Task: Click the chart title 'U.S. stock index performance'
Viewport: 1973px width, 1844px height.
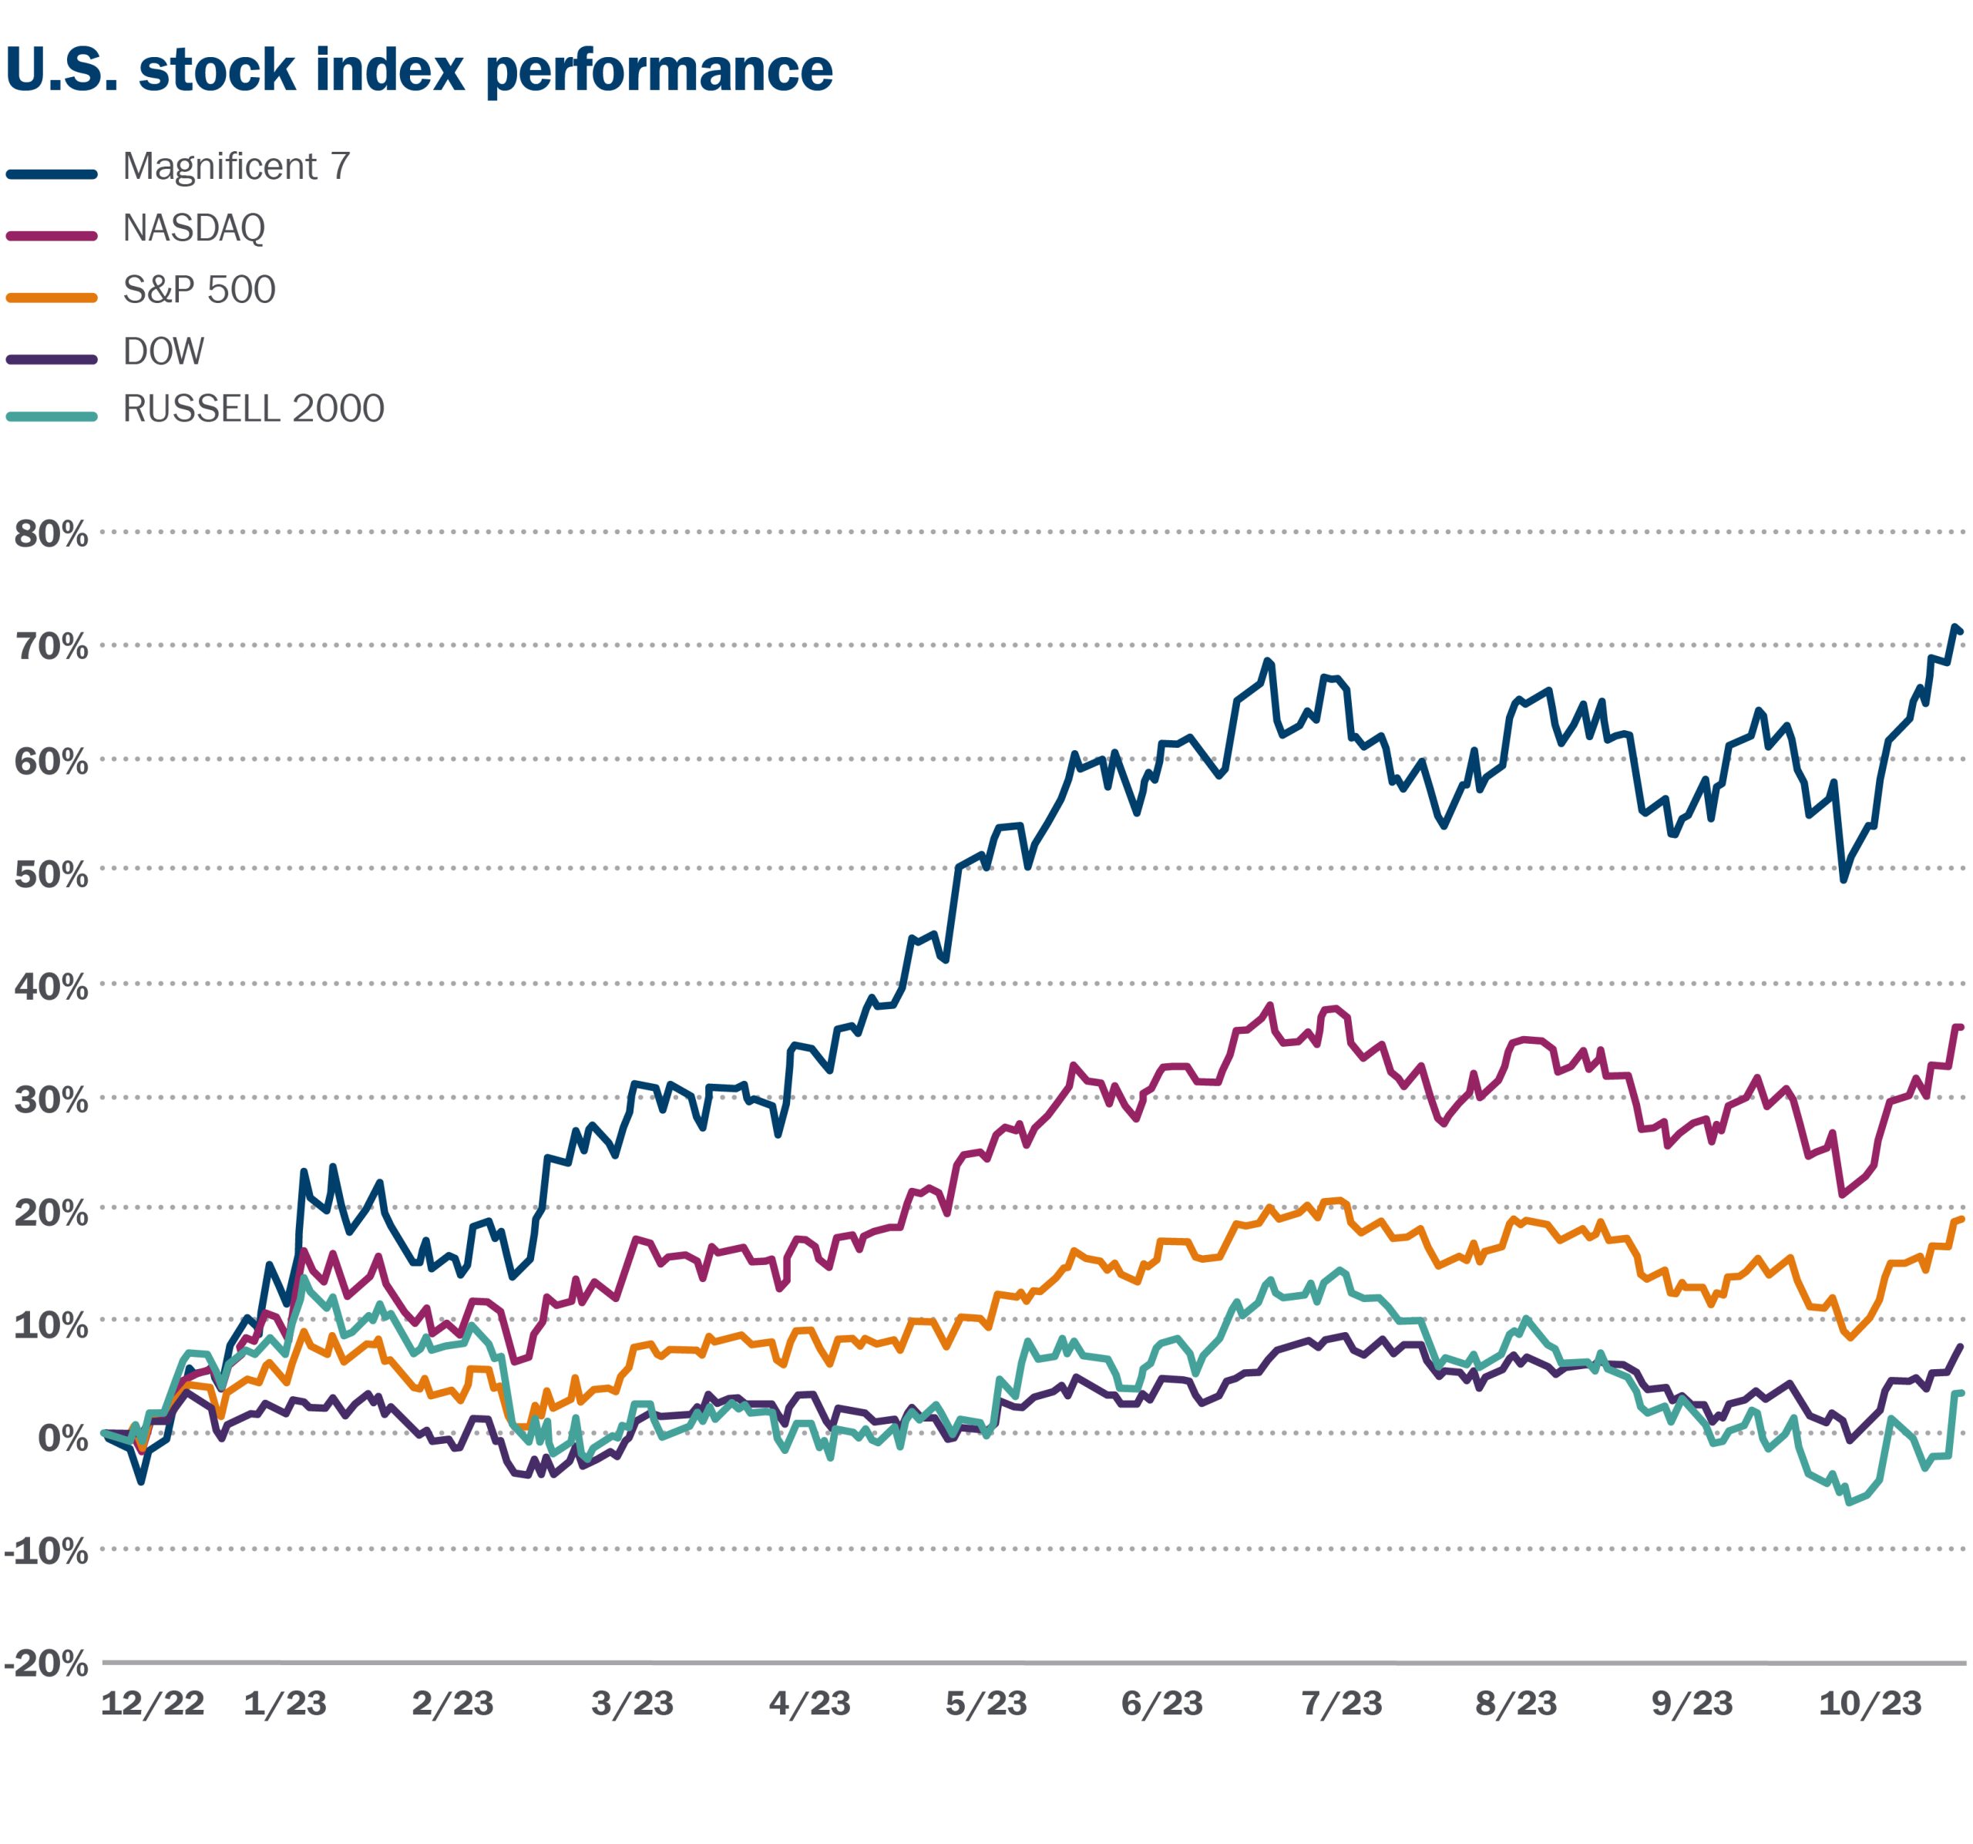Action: tap(418, 69)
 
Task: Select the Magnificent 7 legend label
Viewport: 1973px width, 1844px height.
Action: tap(236, 167)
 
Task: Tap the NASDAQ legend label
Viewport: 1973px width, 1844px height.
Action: tap(193, 228)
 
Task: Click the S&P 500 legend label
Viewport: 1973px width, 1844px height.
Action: tap(199, 290)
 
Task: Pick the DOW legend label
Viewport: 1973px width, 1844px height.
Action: tap(163, 352)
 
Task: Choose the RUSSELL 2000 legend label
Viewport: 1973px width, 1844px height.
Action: tap(253, 409)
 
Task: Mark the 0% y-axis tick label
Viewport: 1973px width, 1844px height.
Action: tap(62, 1437)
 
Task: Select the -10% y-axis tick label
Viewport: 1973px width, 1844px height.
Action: tap(45, 1550)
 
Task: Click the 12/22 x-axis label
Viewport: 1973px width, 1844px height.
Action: tap(152, 1703)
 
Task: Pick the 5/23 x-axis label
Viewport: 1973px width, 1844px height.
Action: tap(986, 1703)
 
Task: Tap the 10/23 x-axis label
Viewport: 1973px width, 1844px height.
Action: tap(1870, 1703)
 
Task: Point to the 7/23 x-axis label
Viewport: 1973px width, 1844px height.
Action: tap(1341, 1703)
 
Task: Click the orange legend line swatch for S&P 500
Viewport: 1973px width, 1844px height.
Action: tap(52, 297)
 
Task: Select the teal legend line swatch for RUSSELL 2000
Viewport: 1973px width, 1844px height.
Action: tap(52, 417)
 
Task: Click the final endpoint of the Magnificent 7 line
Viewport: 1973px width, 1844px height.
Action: tap(1960, 631)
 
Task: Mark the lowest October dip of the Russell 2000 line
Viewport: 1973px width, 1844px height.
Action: tap(1848, 1502)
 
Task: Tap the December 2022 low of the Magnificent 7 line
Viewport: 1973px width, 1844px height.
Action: tap(142, 1482)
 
